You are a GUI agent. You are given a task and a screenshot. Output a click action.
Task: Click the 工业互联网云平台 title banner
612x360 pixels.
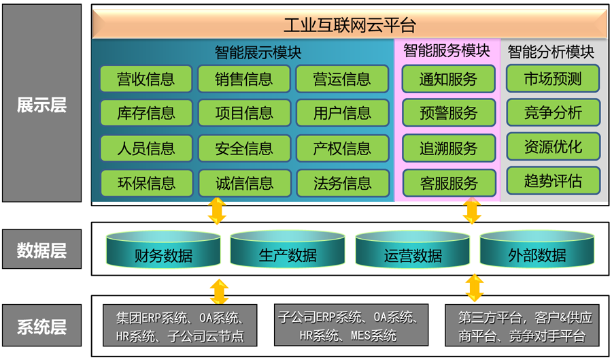[350, 24]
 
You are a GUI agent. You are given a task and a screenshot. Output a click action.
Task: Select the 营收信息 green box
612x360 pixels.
[146, 78]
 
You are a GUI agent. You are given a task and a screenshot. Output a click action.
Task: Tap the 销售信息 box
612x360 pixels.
[244, 78]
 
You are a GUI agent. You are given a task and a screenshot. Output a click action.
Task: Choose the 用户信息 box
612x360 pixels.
[342, 113]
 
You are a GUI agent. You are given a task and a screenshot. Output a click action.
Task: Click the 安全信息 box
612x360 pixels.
[244, 148]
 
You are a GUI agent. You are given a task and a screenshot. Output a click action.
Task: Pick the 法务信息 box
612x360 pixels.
[343, 183]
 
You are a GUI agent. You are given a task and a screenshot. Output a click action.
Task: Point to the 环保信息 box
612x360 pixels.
[146, 183]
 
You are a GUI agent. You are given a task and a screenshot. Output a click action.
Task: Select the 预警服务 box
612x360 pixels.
[449, 113]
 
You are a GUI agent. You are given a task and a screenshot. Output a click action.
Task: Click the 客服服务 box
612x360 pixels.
[449, 183]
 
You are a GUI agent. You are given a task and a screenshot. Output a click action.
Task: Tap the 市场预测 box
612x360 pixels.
[553, 78]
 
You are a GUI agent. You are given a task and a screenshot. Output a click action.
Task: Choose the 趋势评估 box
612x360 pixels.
[554, 181]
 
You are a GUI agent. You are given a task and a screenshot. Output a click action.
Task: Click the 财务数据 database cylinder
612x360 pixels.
[163, 248]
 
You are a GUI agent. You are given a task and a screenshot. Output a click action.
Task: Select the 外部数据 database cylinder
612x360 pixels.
[537, 248]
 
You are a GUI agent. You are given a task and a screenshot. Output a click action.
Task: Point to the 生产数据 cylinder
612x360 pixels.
[288, 248]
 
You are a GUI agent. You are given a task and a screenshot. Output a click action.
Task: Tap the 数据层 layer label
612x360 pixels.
[41, 249]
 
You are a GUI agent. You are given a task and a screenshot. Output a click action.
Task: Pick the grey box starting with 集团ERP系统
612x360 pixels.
[180, 325]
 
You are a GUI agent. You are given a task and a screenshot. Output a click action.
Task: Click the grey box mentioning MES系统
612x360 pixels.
[352, 325]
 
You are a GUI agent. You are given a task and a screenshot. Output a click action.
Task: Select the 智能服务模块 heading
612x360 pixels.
[447, 51]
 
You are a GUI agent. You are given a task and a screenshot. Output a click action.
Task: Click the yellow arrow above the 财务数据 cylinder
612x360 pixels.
[217, 211]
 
